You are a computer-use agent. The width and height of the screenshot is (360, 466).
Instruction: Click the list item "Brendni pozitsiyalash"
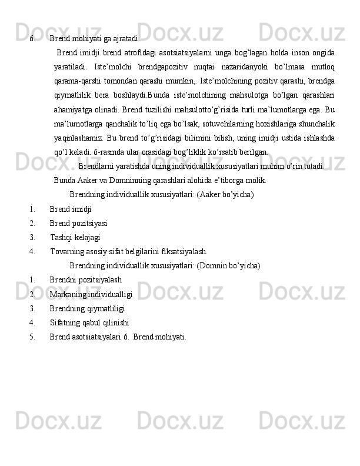[x=86, y=280]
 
